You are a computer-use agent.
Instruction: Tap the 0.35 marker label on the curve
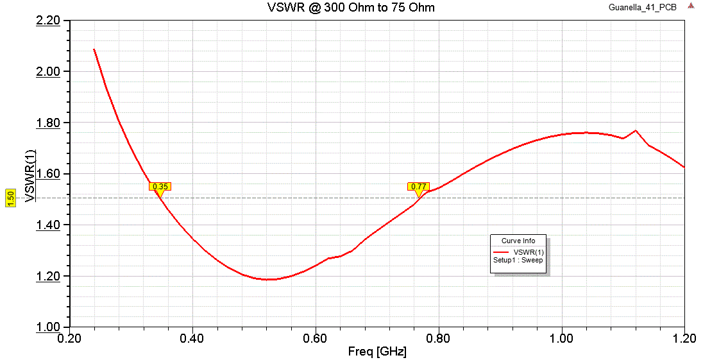pos(160,187)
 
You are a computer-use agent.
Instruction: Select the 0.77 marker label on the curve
pos(419,187)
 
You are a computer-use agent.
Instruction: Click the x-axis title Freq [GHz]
pos(377,352)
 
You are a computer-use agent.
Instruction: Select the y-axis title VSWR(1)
pos(30,176)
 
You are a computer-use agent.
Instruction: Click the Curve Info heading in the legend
pos(519,241)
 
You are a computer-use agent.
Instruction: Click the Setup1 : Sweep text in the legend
pos(518,260)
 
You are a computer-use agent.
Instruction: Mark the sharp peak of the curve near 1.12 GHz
pos(636,130)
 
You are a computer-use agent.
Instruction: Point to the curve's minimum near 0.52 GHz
pos(267,279)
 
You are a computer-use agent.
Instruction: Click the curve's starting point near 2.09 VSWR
pos(94,49)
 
